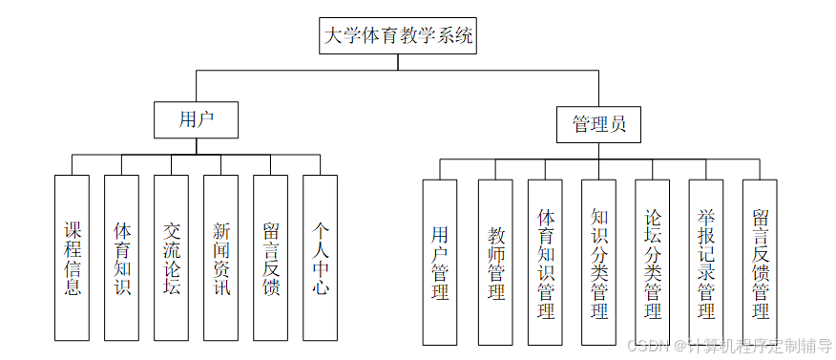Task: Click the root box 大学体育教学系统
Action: (398, 36)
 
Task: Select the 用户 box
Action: (196, 119)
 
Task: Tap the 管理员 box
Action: (598, 123)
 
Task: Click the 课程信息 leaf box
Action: (73, 258)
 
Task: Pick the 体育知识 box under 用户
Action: (122, 258)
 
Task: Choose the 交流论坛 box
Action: (172, 258)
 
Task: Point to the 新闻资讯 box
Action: (220, 258)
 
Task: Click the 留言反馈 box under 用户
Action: (270, 258)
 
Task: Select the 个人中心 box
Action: (320, 258)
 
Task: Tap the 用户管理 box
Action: (440, 262)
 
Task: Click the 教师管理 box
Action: (496, 262)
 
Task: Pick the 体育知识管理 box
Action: (546, 262)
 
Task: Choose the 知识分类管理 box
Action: (598, 262)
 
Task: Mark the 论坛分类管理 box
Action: (653, 262)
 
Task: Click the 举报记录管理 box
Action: (706, 262)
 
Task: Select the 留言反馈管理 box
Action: (760, 262)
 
